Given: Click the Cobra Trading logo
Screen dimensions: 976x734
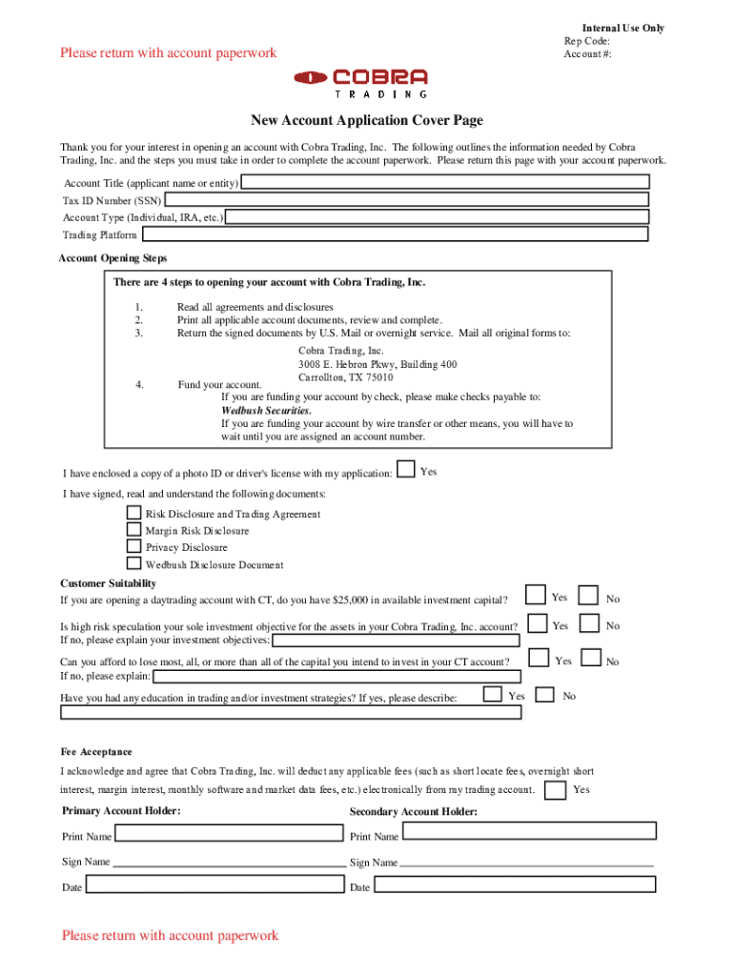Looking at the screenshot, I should pyautogui.click(x=361, y=83).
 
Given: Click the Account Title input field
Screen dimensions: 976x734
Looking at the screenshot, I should pyautogui.click(x=445, y=182).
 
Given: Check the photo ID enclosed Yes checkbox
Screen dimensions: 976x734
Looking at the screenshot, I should pyautogui.click(x=406, y=469).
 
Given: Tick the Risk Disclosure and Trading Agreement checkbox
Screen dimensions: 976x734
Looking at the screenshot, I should pyautogui.click(x=134, y=513).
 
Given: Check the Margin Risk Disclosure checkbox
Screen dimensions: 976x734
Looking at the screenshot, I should pyautogui.click(x=134, y=530).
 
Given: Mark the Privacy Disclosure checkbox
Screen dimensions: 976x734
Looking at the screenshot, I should pyautogui.click(x=134, y=547).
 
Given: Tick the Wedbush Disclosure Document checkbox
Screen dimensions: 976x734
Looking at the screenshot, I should pyautogui.click(x=134, y=563).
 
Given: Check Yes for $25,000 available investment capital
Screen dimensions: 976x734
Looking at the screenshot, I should pyautogui.click(x=537, y=597).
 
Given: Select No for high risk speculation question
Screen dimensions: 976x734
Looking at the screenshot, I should pyautogui.click(x=592, y=624).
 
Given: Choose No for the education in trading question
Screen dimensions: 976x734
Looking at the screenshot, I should pyautogui.click(x=545, y=695).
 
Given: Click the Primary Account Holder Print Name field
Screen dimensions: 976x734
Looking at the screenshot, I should pyautogui.click(x=229, y=834).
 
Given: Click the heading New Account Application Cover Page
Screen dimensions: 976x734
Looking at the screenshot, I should pyautogui.click(x=367, y=120).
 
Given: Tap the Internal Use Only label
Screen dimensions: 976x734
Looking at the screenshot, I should pyautogui.click(x=623, y=29).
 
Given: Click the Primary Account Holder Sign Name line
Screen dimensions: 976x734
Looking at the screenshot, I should pyautogui.click(x=229, y=864).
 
